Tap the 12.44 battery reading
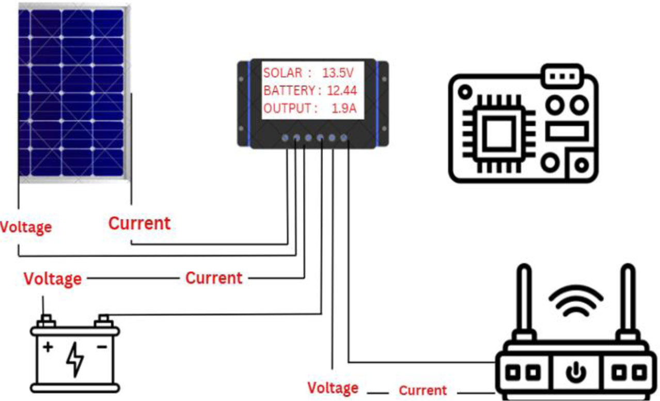coord(342,91)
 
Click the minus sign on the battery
coord(102,347)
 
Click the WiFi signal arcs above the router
coord(576,299)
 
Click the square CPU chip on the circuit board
coord(498,133)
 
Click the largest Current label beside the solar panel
coord(139,223)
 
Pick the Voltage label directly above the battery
coord(53,279)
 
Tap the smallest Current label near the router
coord(422,391)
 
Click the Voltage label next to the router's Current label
coord(333,388)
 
